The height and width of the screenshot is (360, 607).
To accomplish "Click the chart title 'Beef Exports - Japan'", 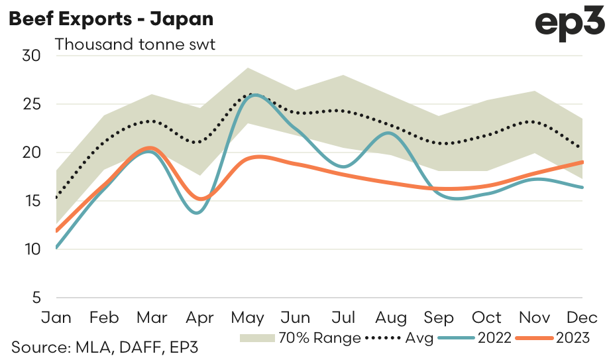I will pyautogui.click(x=111, y=19).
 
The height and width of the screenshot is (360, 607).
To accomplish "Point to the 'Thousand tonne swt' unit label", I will pyautogui.click(x=135, y=45).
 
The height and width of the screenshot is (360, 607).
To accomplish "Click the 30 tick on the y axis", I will pyautogui.click(x=31, y=56).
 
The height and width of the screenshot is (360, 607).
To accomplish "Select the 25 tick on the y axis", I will pyautogui.click(x=31, y=105).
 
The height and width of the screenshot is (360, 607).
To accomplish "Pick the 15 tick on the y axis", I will pyautogui.click(x=31, y=201).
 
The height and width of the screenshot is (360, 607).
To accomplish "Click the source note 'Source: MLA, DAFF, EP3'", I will pyautogui.click(x=104, y=347).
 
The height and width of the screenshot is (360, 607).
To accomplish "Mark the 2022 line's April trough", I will pyautogui.click(x=199, y=213).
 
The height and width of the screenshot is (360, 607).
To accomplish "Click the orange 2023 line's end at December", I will pyautogui.click(x=582, y=162).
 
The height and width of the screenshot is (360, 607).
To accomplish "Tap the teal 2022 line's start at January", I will pyautogui.click(x=57, y=248).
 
